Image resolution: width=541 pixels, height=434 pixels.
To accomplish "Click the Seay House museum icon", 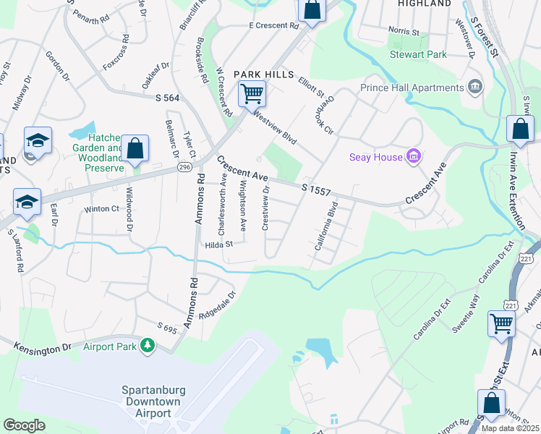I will pos(413,156).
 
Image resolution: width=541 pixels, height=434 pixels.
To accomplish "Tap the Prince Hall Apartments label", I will pos(412,88).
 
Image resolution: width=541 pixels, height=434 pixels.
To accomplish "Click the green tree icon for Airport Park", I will pos(148,346).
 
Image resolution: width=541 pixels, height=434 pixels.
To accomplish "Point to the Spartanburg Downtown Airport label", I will pos(153,401).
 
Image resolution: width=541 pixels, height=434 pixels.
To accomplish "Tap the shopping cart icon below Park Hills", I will pos(252,93).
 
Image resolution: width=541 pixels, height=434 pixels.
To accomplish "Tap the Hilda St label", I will pos(218,244).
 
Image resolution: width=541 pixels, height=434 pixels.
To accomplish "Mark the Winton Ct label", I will pos(101,209).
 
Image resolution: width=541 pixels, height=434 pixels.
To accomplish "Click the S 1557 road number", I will pos(316,190).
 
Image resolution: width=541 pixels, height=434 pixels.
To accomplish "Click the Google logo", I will pos(24,425).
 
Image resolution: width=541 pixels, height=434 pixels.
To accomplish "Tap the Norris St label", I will pos(404,32).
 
